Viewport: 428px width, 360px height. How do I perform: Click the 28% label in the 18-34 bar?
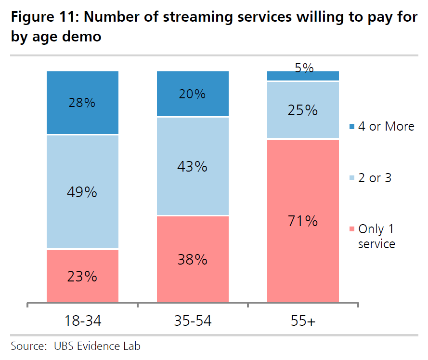[82, 103]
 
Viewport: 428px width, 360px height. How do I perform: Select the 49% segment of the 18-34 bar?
[82, 192]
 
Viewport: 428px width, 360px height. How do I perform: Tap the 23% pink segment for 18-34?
[82, 277]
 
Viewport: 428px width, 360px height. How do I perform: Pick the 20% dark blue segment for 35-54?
[193, 94]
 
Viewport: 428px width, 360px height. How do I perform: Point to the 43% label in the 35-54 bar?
[193, 167]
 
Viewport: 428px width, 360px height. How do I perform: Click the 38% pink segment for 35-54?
[193, 260]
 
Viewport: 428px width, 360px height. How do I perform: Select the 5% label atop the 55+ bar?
[304, 68]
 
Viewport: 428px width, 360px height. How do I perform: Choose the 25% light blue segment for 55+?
[304, 110]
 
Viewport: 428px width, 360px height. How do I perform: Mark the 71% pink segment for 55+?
[304, 221]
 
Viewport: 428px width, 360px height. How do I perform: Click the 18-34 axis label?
[82, 320]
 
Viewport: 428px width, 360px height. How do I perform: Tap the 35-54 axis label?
[193, 320]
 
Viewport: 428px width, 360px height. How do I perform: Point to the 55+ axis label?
[304, 320]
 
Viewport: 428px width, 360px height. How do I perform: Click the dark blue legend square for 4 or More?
[350, 127]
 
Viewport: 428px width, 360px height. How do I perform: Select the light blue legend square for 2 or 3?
[350, 178]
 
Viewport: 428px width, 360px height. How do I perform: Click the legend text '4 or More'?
[386, 126]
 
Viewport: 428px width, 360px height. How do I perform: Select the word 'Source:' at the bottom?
[26, 346]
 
